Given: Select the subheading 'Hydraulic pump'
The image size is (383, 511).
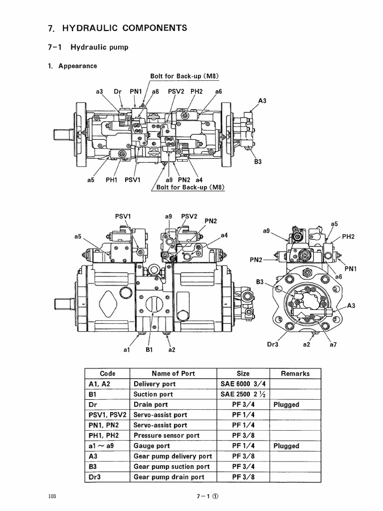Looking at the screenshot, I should [99, 47].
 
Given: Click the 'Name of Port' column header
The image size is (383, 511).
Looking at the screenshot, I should [173, 373].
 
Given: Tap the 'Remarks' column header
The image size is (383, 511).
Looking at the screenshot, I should [295, 373].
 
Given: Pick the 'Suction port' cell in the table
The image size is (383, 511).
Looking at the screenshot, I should [153, 394].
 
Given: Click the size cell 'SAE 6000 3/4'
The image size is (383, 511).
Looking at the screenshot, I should [243, 384].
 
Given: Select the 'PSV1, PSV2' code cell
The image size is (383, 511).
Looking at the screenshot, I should [107, 415].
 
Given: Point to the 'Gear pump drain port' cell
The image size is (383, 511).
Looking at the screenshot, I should [169, 477].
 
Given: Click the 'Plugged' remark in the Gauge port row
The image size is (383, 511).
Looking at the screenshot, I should [286, 446].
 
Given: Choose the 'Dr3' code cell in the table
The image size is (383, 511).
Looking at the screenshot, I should [94, 477].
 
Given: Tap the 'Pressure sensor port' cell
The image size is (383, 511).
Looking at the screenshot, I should [167, 436].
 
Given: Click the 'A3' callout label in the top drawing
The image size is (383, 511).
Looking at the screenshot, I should [262, 101].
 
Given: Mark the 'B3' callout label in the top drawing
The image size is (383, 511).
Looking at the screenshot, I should [257, 162].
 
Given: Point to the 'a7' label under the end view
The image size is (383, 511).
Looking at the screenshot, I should [334, 344].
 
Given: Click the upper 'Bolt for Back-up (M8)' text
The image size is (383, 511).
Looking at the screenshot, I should [185, 76].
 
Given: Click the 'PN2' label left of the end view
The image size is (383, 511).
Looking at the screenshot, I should [257, 259].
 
